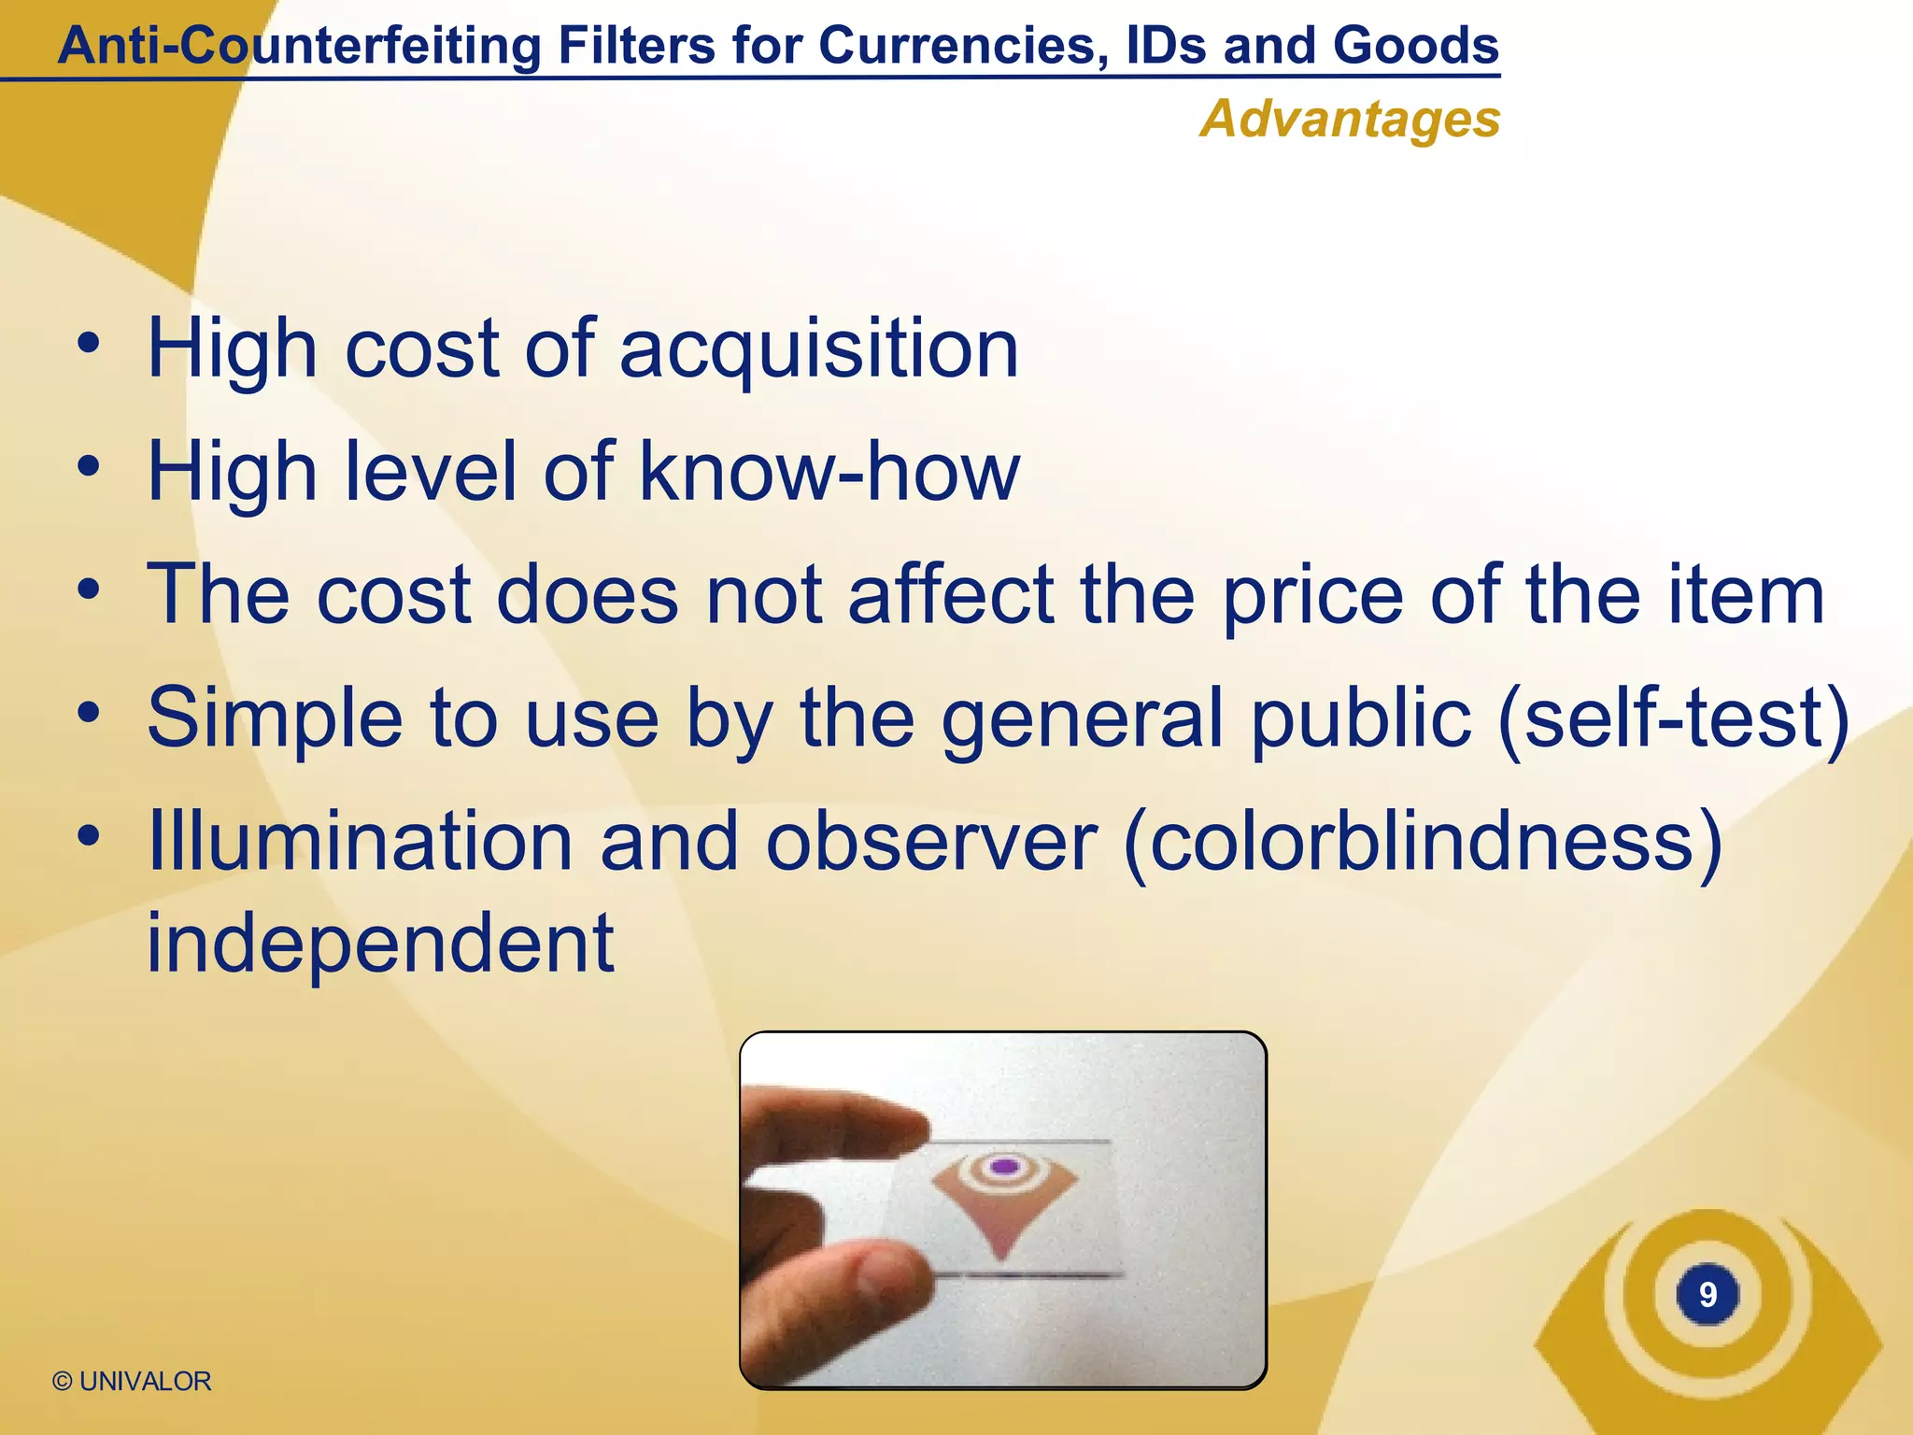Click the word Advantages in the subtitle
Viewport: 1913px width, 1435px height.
pos(1350,120)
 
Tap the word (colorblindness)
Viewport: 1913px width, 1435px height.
pos(1423,844)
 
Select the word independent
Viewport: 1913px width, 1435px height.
pos(381,944)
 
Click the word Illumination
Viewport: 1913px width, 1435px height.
pos(360,842)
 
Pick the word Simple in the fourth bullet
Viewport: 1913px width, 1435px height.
pos(275,718)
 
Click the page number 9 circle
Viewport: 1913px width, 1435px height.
pos(1708,1294)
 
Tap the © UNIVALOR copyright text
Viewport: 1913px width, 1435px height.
pos(132,1381)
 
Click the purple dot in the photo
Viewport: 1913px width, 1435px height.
pos(1004,1166)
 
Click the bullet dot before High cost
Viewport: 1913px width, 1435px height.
pos(89,346)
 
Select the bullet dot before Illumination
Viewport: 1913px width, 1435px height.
pos(89,838)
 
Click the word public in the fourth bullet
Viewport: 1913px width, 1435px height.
pos(1360,718)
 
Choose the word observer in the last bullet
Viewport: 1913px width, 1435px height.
pos(932,842)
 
